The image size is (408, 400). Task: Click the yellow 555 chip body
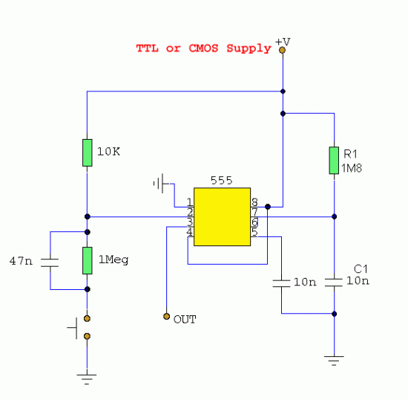click(x=223, y=216)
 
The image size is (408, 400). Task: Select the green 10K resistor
click(x=88, y=153)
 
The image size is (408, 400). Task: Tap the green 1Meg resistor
click(x=88, y=260)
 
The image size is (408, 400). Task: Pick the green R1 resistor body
click(x=334, y=161)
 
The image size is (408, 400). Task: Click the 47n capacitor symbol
click(x=50, y=262)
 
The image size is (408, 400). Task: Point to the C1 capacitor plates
click(x=334, y=283)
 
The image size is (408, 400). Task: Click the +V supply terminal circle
click(x=282, y=50)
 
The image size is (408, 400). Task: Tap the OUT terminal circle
click(x=166, y=316)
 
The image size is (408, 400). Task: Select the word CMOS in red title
click(x=203, y=48)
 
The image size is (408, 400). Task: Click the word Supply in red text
click(x=249, y=49)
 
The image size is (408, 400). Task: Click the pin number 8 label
click(x=254, y=202)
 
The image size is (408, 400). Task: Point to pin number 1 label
click(x=190, y=202)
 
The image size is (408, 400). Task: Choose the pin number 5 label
click(x=254, y=232)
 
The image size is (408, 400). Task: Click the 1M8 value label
click(x=352, y=168)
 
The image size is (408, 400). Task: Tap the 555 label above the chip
click(x=222, y=181)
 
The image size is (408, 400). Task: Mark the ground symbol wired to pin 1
click(x=161, y=184)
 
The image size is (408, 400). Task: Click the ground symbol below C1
click(x=334, y=361)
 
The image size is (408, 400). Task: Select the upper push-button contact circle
click(x=88, y=318)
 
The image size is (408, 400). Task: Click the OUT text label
click(x=185, y=320)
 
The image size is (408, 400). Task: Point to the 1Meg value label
click(x=113, y=260)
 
